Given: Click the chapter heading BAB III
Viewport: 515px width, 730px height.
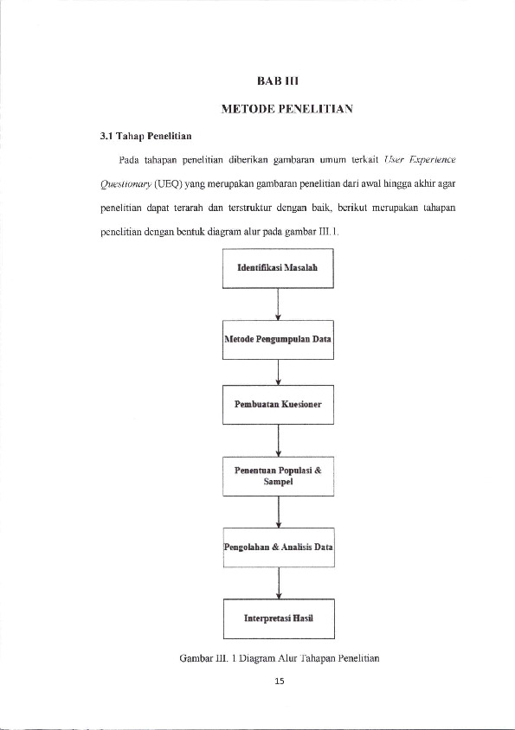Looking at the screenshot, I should tap(278, 82).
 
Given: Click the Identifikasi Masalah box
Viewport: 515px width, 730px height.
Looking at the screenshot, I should tap(278, 267).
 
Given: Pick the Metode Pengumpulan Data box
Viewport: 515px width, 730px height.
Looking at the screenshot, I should tap(278, 339).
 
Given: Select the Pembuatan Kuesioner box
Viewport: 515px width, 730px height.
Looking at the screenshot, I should tap(278, 404).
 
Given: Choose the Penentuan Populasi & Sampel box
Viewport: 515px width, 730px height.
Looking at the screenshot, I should tap(278, 476).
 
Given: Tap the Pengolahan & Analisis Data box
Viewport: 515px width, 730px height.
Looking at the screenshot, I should tap(278, 547).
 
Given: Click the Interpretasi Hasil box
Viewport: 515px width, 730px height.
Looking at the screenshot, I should tap(278, 618).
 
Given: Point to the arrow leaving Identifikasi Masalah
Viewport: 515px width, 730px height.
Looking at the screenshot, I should tap(278, 304).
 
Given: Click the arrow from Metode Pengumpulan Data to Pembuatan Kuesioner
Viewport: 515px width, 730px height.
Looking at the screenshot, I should tap(278, 370).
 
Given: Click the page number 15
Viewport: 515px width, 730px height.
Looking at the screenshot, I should tap(278, 681).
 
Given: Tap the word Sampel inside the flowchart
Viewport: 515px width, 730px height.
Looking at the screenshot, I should tap(278, 483).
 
